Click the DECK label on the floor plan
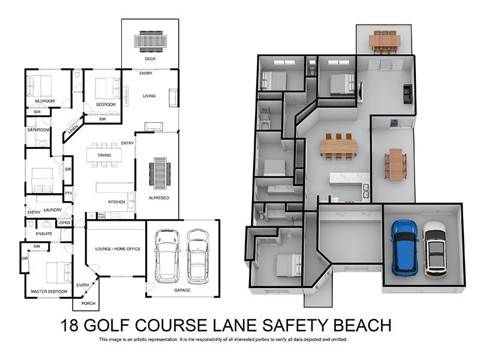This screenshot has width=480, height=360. click(150, 59)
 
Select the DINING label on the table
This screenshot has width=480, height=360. click(104, 155)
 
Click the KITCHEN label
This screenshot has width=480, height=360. click(116, 202)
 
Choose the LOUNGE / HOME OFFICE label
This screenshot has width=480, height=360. click(118, 248)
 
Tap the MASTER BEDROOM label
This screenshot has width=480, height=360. click(49, 292)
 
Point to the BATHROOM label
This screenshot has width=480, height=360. click(37, 130)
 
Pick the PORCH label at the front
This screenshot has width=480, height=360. click(88, 304)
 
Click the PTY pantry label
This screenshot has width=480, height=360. click(68, 193)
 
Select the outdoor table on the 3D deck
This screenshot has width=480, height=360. click(385, 41)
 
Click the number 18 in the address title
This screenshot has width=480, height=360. click(70, 326)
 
